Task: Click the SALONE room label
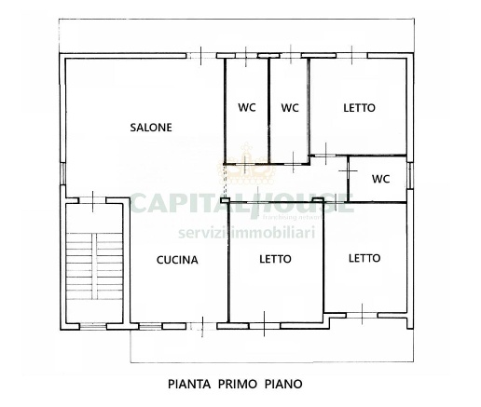[151, 129]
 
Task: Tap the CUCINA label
[177, 260]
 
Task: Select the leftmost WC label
[246, 108]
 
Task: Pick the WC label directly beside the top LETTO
[290, 108]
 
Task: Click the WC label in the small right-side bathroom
[380, 179]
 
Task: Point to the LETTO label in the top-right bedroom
[359, 108]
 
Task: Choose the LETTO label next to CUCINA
[275, 259]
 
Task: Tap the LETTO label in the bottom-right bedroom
[364, 258]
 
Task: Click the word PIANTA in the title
[188, 383]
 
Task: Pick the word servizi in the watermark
[206, 230]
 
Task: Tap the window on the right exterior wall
[408, 173]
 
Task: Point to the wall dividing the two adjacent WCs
[268, 110]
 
